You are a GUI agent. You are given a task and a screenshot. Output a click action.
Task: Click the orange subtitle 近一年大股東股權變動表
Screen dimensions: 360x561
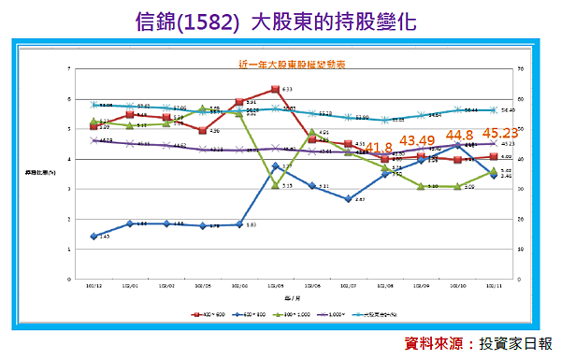coord(280,65)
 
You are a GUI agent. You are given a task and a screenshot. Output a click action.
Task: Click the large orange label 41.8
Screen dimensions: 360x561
coord(378,147)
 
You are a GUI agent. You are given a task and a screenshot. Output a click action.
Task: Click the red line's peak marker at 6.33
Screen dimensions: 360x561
coord(275,90)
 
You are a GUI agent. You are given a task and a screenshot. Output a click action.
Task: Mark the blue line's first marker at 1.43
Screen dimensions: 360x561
coord(93,237)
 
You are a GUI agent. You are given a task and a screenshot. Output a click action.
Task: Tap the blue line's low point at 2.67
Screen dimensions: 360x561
coord(348,199)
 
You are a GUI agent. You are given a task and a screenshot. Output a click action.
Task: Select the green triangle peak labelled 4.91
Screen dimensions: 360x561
coord(311,132)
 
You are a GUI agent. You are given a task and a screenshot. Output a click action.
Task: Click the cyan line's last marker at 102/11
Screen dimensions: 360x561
coord(493,109)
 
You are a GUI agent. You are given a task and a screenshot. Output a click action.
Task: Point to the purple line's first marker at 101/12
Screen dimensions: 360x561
coord(93,140)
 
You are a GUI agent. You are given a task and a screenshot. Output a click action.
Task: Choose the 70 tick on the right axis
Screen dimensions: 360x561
coord(510,69)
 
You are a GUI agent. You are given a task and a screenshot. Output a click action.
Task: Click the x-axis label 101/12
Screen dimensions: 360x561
coord(93,288)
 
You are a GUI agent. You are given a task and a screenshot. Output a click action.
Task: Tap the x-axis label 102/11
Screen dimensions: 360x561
coord(493,288)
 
